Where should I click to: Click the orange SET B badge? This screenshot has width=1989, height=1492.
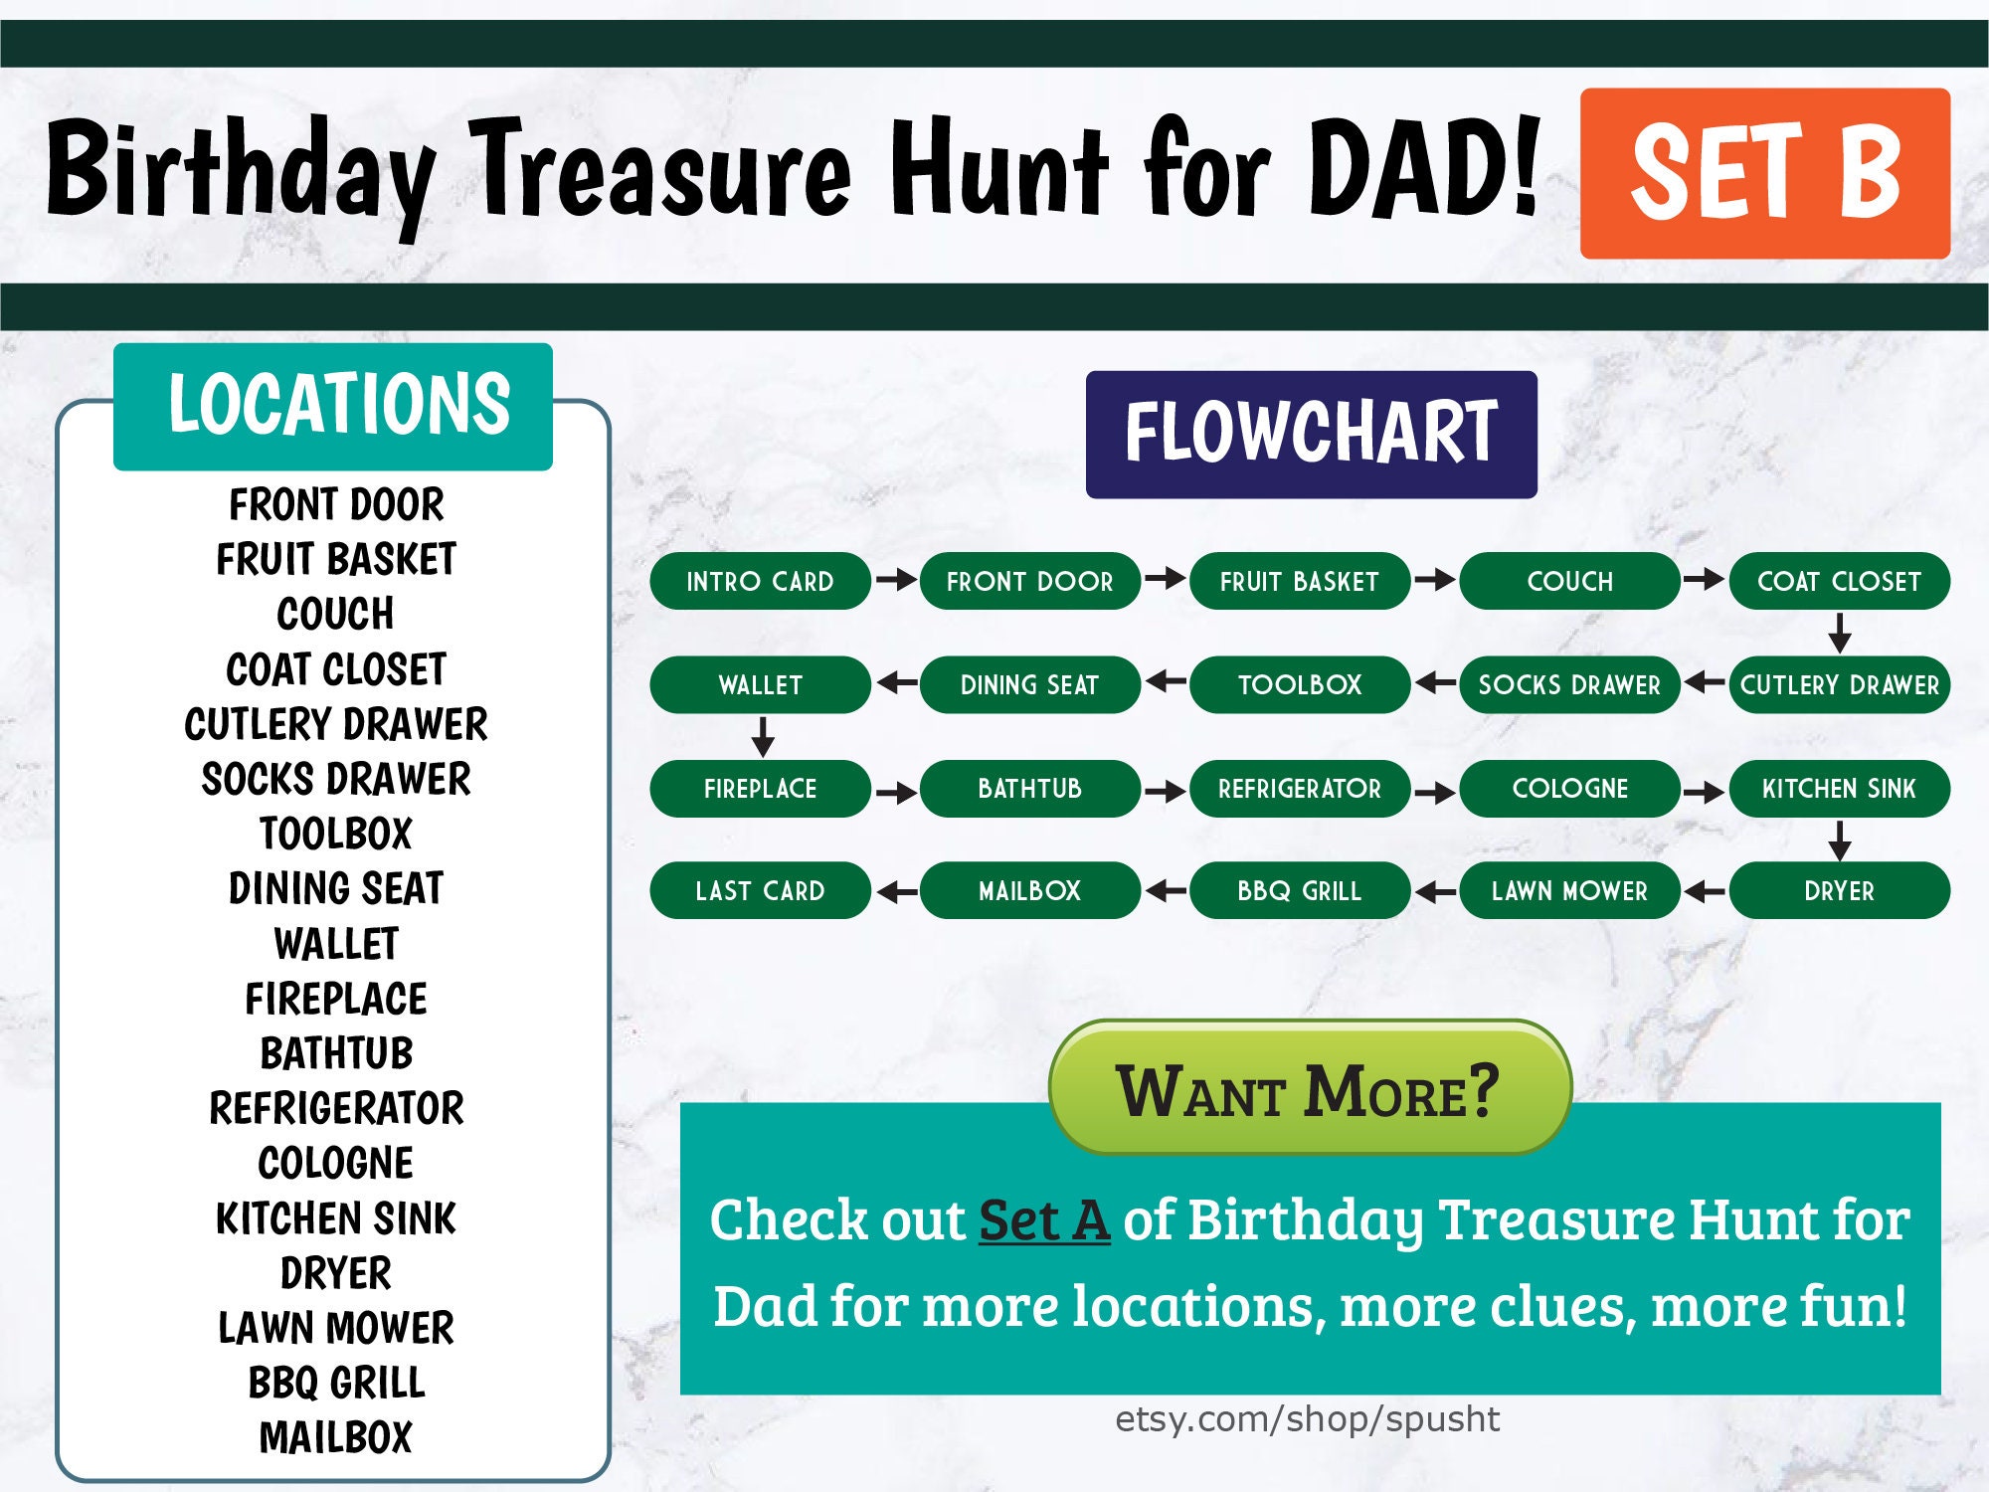tap(1764, 173)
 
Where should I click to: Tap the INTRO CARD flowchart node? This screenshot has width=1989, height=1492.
tap(760, 581)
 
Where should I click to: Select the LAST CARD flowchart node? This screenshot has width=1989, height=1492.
tap(760, 890)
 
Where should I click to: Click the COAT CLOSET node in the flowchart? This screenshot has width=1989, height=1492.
tap(1839, 581)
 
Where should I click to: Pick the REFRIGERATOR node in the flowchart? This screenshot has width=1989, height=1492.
tap(1299, 789)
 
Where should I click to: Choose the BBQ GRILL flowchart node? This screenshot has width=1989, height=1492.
tap(1299, 890)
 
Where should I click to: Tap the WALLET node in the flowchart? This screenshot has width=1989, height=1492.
tap(760, 684)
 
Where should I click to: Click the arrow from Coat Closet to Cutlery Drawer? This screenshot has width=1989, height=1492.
tap(1839, 633)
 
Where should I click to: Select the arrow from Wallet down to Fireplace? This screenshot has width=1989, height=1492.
tap(763, 737)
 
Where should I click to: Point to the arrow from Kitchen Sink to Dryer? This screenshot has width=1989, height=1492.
tap(1839, 840)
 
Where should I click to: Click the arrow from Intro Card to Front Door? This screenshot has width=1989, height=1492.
tap(896, 579)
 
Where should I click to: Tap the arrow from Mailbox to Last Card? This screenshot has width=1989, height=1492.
tap(896, 891)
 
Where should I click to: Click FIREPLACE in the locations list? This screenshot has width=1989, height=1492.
tap(336, 999)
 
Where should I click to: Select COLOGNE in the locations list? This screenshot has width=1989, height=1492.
tap(336, 1163)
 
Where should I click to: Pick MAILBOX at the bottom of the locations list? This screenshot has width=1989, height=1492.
tap(336, 1437)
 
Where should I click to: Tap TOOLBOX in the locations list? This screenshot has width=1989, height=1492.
tap(336, 834)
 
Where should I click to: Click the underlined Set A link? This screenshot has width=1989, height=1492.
tap(1044, 1220)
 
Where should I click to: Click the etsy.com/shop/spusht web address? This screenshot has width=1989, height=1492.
tap(1307, 1419)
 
